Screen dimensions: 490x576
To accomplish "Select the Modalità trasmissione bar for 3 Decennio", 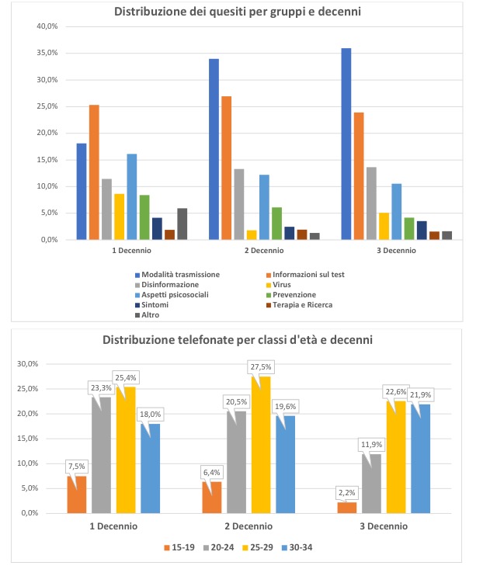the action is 346,144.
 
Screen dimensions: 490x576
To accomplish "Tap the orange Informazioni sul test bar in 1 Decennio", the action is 94,172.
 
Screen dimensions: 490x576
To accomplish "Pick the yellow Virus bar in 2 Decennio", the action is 252,235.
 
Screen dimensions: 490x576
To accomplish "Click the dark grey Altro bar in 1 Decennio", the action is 182,224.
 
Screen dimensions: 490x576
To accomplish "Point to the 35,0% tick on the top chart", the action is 47,53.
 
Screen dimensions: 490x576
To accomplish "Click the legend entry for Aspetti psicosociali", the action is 172,295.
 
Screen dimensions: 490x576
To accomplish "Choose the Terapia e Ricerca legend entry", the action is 299,305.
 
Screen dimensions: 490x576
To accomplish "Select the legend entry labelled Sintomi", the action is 151,305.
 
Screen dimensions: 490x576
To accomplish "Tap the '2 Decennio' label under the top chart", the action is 264,251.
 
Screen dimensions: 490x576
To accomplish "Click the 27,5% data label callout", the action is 261,367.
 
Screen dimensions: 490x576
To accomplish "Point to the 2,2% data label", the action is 346,493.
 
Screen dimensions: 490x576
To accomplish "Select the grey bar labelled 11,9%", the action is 372,484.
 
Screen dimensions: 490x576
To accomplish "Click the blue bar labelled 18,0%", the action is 151,469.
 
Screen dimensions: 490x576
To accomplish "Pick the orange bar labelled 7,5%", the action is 77,494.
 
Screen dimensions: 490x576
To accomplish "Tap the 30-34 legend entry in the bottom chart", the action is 297,548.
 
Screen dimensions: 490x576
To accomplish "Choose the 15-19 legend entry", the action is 179,548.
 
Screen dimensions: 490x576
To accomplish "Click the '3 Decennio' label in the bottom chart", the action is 384,526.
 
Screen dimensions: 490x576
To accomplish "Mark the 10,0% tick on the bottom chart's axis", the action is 28,463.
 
